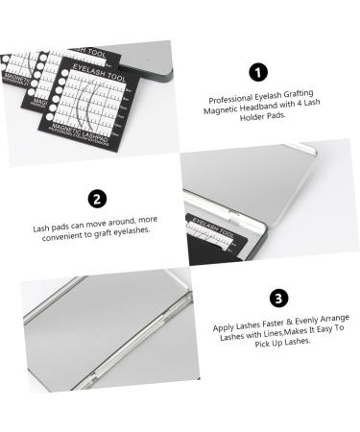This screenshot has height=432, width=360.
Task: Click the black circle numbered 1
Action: pyautogui.click(x=256, y=73)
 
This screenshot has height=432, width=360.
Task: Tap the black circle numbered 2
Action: pyautogui.click(x=96, y=200)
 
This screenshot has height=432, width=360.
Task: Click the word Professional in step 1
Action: pyautogui.click(x=228, y=99)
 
